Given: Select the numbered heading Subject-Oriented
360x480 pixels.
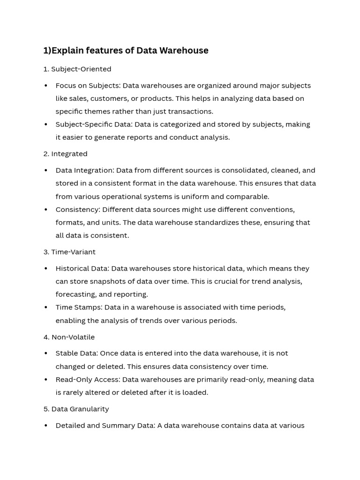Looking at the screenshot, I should tap(81, 69).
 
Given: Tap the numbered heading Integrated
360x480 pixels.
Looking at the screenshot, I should tap(69, 154).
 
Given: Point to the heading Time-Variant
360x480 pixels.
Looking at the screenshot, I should tap(73, 252).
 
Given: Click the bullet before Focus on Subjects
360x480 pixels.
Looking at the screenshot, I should tap(46, 86).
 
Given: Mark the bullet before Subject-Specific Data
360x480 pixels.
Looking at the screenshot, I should tap(46, 125).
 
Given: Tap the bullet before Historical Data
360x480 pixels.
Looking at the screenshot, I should tap(46, 269).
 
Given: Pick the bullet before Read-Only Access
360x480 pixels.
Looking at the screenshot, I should tap(46, 380).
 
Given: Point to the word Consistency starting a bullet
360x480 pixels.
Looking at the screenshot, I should tap(77, 209).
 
